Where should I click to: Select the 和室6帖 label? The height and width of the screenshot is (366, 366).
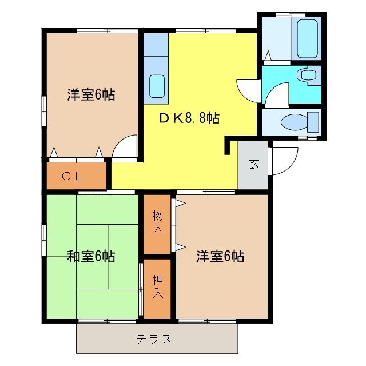click(91, 257)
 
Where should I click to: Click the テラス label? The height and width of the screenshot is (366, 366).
click(154, 339)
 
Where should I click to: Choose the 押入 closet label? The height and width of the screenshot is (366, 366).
click(157, 287)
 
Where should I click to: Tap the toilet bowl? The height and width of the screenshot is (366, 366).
click(297, 122)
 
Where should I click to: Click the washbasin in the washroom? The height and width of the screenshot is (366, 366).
click(309, 75)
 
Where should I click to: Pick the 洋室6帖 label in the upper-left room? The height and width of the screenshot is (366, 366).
click(91, 95)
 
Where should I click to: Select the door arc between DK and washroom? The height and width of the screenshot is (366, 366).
click(246, 89)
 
